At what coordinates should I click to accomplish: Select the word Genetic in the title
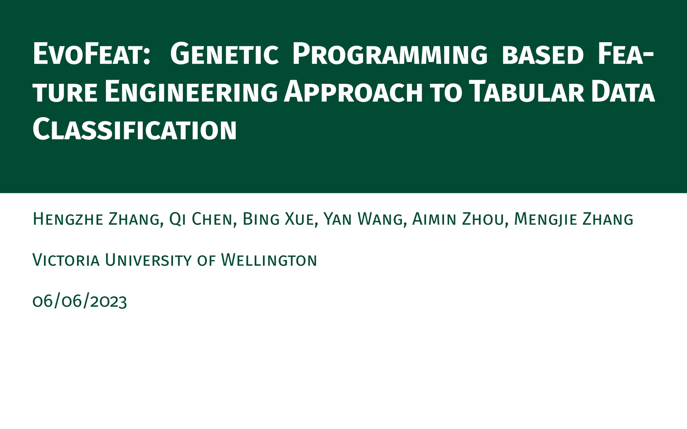[x=224, y=54]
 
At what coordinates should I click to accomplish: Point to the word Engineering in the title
[x=191, y=92]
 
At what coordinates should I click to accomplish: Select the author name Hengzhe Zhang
[x=96, y=220]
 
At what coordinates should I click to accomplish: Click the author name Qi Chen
[x=201, y=220]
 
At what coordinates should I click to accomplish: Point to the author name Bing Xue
[x=278, y=220]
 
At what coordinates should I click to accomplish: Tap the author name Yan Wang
[x=363, y=220]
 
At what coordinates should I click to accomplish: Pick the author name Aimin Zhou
[x=458, y=220]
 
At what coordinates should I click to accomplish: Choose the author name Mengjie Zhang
[x=574, y=220]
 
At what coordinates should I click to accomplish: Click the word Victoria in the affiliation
[x=66, y=260]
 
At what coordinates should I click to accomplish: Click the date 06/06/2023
[x=80, y=301]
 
